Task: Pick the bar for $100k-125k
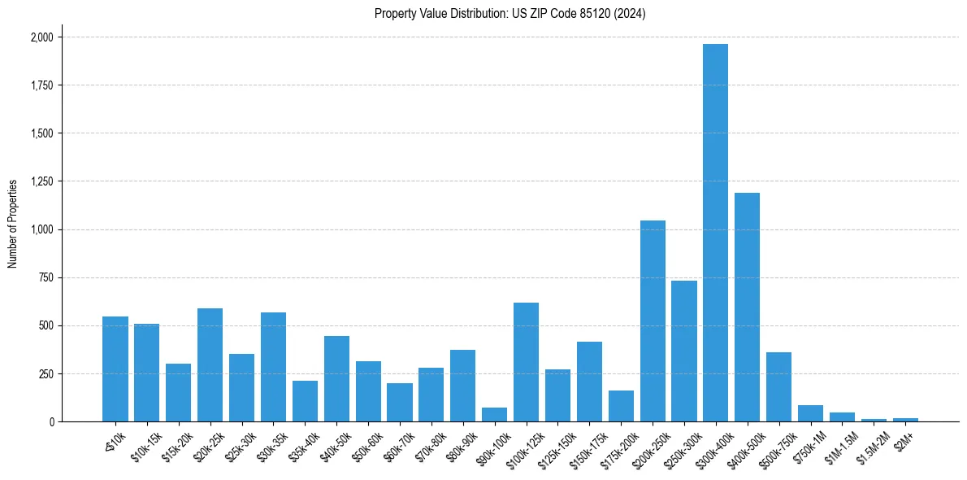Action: click(526, 362)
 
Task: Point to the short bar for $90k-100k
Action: click(494, 415)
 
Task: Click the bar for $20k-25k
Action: click(210, 365)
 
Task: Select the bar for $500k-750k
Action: click(778, 387)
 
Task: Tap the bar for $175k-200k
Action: click(621, 406)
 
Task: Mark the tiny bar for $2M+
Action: click(905, 420)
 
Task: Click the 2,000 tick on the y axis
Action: click(41, 37)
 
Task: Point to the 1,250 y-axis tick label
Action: click(41, 181)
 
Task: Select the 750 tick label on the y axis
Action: click(47, 277)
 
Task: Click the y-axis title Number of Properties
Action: click(13, 224)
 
